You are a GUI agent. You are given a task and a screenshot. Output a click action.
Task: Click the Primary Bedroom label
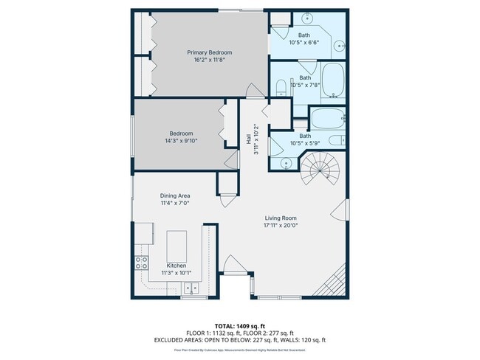click(209, 52)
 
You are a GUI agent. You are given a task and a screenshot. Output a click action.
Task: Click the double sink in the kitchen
click(191, 288)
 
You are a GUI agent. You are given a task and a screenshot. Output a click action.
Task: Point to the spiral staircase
click(322, 170)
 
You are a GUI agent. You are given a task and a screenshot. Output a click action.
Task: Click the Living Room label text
click(281, 218)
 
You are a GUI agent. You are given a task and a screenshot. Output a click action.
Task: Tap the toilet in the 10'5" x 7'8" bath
click(280, 89)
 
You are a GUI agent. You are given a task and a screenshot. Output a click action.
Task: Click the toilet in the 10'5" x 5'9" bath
click(335, 140)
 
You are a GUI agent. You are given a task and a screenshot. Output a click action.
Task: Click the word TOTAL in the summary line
click(224, 325)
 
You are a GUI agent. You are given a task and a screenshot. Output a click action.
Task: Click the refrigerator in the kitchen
click(140, 235)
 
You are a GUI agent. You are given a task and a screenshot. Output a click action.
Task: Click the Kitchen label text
click(176, 266)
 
